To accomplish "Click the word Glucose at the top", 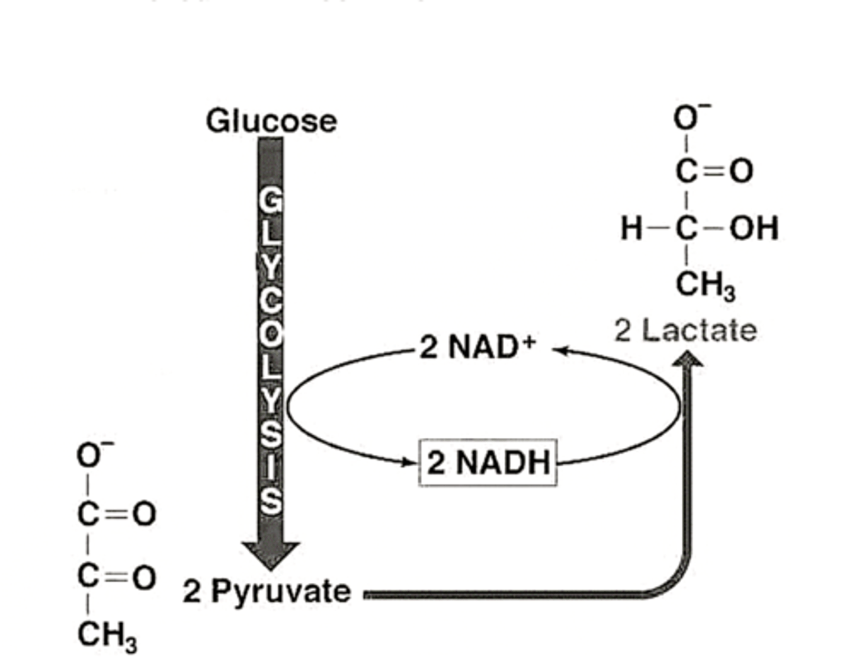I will [x=271, y=121].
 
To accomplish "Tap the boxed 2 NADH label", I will [x=488, y=463].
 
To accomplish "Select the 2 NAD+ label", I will [x=477, y=347].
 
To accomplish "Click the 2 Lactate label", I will [x=685, y=331].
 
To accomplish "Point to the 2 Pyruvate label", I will [x=267, y=591].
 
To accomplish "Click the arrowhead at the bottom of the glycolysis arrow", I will [x=271, y=555].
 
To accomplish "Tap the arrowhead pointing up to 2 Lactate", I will [x=687, y=359].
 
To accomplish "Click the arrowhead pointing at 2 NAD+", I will [x=560, y=350].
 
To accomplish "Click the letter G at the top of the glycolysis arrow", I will [x=270, y=201].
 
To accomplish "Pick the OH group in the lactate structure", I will [x=753, y=229].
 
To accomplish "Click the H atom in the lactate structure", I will [x=631, y=229].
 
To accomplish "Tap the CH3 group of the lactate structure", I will [x=705, y=285].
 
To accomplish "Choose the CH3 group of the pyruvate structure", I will [x=107, y=636].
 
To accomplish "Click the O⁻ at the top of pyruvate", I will [x=94, y=455].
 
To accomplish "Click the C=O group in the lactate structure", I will [x=714, y=171].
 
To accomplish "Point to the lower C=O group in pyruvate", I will [x=116, y=576].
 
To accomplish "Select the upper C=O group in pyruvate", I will [x=116, y=514].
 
